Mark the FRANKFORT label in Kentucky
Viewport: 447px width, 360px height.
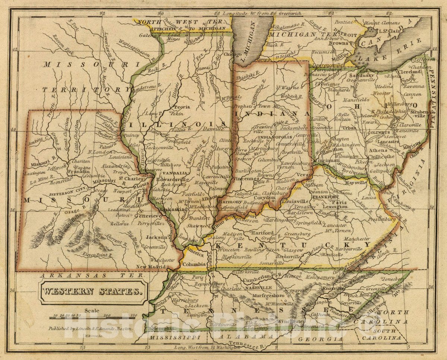click(x=324, y=197)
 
